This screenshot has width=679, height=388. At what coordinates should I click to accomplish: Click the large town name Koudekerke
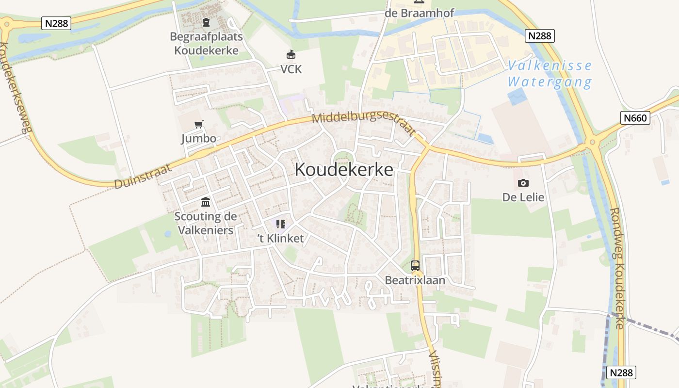[x=344, y=170]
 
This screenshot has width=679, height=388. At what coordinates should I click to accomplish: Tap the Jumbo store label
[x=199, y=138]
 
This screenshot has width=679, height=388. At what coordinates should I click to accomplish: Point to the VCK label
[x=291, y=69]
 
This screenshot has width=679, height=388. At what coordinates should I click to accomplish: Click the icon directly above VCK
[x=291, y=54]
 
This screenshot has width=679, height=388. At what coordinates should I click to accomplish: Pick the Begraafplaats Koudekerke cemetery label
[x=206, y=43]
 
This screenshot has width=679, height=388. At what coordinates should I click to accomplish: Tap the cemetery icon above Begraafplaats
[x=206, y=22]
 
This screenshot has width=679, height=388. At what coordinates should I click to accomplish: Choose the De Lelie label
[x=523, y=197]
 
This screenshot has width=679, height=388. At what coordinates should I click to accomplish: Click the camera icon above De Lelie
[x=523, y=183]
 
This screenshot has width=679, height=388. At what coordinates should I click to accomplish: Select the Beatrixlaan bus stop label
[x=415, y=280]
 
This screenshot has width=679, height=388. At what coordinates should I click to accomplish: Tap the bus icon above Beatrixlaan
[x=415, y=265]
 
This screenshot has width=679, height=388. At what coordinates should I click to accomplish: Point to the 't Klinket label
[x=280, y=238]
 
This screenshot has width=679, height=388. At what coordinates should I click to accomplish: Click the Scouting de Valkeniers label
[x=206, y=223]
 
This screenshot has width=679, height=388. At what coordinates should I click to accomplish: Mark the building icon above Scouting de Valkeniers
[x=206, y=202]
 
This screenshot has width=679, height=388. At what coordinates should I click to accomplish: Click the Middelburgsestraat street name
[x=364, y=124]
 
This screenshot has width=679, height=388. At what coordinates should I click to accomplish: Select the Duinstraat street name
[x=144, y=176]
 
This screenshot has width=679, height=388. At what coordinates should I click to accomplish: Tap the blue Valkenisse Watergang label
[x=550, y=74]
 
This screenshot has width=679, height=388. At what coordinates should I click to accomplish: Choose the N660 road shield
[x=635, y=117]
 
